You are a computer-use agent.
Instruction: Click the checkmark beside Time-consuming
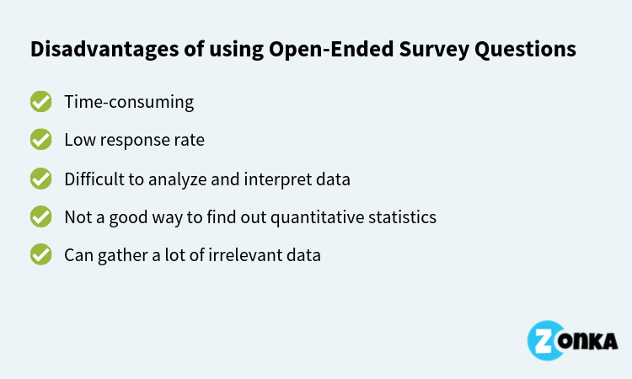[x=40, y=102]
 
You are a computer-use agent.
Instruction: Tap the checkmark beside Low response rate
[x=40, y=140]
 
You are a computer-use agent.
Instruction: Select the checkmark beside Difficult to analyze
[x=40, y=179]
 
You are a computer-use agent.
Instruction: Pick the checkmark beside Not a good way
[x=40, y=216]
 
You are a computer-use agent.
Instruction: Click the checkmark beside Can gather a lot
[x=40, y=254]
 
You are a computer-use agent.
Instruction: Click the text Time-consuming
[x=129, y=102]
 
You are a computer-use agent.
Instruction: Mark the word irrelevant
[x=239, y=254]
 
